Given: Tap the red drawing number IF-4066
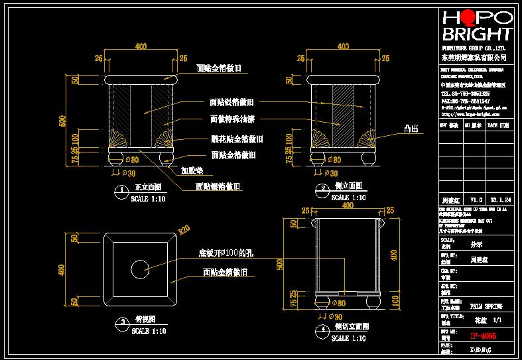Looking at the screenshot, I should pyautogui.click(x=482, y=335).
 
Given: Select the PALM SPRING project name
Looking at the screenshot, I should pyautogui.click(x=486, y=307).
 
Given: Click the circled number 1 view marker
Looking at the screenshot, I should pyautogui.click(x=121, y=192).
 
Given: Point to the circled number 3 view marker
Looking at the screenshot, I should pyautogui.click(x=121, y=324).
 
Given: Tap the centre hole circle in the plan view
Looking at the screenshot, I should pyautogui.click(x=140, y=269).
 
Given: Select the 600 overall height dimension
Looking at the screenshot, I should pyautogui.click(x=64, y=120).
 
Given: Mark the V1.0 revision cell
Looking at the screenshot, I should pyautogui.click(x=475, y=199).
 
